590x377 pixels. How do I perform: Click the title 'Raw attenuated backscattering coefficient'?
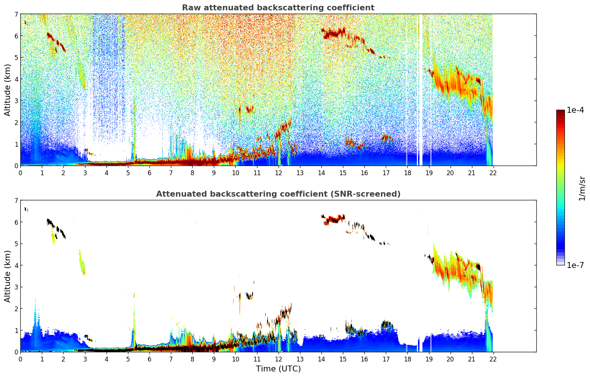pos(278,8)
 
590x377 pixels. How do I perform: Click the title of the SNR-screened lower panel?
pos(278,194)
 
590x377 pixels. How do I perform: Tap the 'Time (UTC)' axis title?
pos(278,369)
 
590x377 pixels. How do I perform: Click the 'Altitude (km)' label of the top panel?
pos(8,90)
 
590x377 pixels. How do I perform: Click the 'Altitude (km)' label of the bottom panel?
pos(8,276)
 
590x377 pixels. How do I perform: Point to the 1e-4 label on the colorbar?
pos(575,110)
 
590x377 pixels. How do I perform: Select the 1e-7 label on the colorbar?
pos(575,265)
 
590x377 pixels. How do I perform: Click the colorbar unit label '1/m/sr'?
pos(582,188)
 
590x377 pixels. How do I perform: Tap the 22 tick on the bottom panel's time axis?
pos(493,359)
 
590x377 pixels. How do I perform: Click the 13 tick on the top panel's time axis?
pos(300,173)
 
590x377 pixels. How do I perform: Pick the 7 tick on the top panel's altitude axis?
pos(16,14)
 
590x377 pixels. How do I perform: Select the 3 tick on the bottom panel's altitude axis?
pos(16,287)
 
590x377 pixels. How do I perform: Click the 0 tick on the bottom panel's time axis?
pos(20,359)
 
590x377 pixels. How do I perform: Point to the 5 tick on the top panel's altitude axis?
pos(16,57)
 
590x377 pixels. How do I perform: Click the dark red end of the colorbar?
pos(560,112)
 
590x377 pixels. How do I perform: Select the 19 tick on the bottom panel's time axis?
pos(429,359)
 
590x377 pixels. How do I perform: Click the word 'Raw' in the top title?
pos(190,8)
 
